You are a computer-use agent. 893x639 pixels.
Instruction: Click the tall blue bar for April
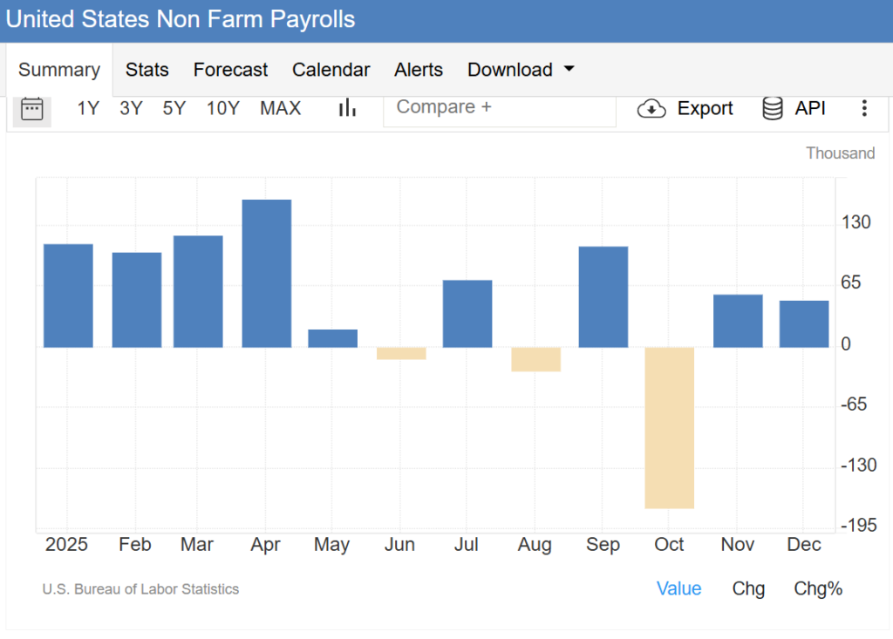[267, 273]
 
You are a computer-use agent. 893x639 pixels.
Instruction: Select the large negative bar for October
[670, 427]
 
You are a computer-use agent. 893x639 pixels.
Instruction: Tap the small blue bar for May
[333, 338]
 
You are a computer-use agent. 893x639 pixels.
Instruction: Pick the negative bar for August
[535, 359]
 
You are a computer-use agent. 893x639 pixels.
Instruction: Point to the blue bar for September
[603, 296]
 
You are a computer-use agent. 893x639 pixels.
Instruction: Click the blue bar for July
[467, 314]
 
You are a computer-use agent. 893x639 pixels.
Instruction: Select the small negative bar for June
[401, 353]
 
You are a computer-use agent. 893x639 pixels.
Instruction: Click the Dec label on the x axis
[804, 545]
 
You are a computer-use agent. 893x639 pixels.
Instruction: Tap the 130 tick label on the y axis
[856, 222]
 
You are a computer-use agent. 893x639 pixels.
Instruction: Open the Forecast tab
[230, 70]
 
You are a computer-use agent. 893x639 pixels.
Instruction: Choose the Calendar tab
[331, 70]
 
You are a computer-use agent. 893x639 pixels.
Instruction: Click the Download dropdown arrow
[569, 69]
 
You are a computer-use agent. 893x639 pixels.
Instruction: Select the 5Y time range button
[174, 108]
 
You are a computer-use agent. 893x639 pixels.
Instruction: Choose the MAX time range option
[280, 108]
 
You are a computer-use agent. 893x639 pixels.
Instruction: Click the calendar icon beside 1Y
[32, 108]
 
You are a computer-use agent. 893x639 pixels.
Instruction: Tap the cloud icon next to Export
[651, 109]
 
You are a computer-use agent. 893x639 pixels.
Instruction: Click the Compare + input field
[499, 108]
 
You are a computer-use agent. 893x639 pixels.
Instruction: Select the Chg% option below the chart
[818, 588]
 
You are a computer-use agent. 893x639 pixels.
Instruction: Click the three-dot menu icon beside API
[864, 108]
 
